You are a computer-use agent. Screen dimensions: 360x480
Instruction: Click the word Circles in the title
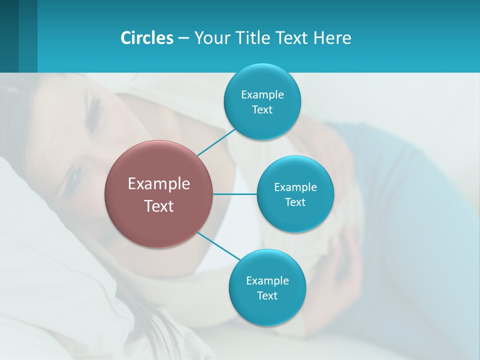coord(147,38)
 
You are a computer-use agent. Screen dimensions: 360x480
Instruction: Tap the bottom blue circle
coord(267,310)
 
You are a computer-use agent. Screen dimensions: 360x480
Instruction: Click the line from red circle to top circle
coord(216,142)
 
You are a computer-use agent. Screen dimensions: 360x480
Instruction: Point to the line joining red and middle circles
coord(235,194)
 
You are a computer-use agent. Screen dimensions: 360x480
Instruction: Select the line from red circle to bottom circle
coord(219,245)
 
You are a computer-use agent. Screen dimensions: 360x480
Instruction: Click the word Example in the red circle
coord(159,184)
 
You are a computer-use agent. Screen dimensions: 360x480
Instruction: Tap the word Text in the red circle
coord(159,206)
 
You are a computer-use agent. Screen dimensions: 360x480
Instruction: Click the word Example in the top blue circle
coord(262,94)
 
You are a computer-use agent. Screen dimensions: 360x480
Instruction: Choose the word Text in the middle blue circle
coord(295,202)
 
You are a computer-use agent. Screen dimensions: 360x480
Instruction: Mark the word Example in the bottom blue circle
coord(267,280)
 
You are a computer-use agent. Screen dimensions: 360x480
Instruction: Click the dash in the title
coord(183,38)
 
